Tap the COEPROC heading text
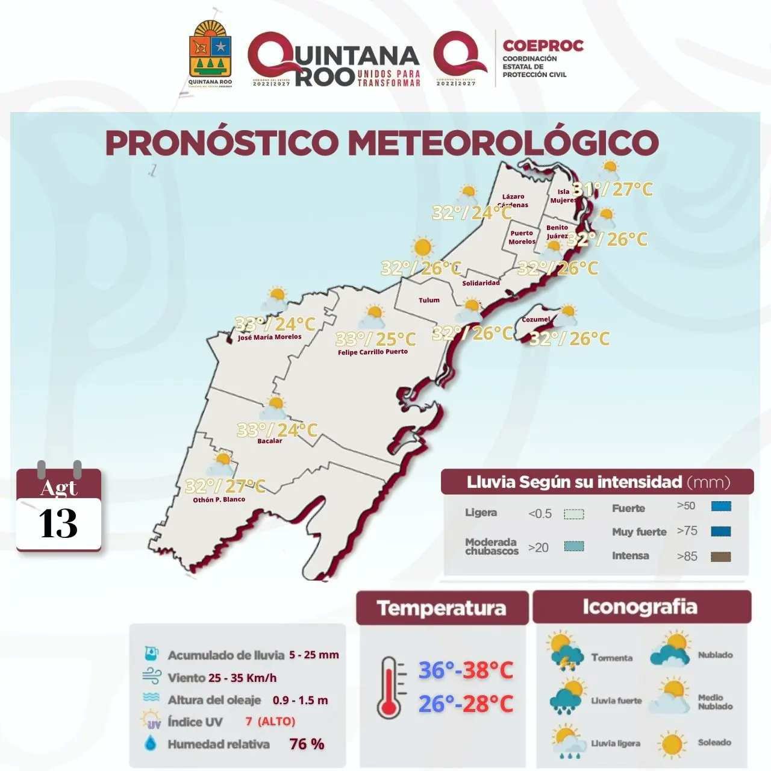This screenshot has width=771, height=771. point(543,46)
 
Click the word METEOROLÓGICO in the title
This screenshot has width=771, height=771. point(503,143)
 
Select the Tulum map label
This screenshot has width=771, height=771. point(429,300)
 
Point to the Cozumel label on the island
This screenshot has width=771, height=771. point(535,319)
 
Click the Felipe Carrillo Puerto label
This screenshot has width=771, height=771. point(373,352)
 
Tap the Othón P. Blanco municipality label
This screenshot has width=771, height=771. point(219,499)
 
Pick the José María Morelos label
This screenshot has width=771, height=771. point(269,337)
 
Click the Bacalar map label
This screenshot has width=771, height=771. point(269,441)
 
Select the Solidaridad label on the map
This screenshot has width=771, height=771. point(481,283)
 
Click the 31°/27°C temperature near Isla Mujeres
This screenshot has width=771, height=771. point(612,189)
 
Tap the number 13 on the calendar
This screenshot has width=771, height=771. point(58,523)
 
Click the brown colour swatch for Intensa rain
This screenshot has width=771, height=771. point(720,557)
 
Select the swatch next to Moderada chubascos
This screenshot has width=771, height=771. point(573,546)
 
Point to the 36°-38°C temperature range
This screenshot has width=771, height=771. point(466,670)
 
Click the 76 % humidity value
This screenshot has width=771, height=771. point(307,744)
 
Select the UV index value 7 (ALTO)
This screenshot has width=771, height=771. point(270,722)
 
